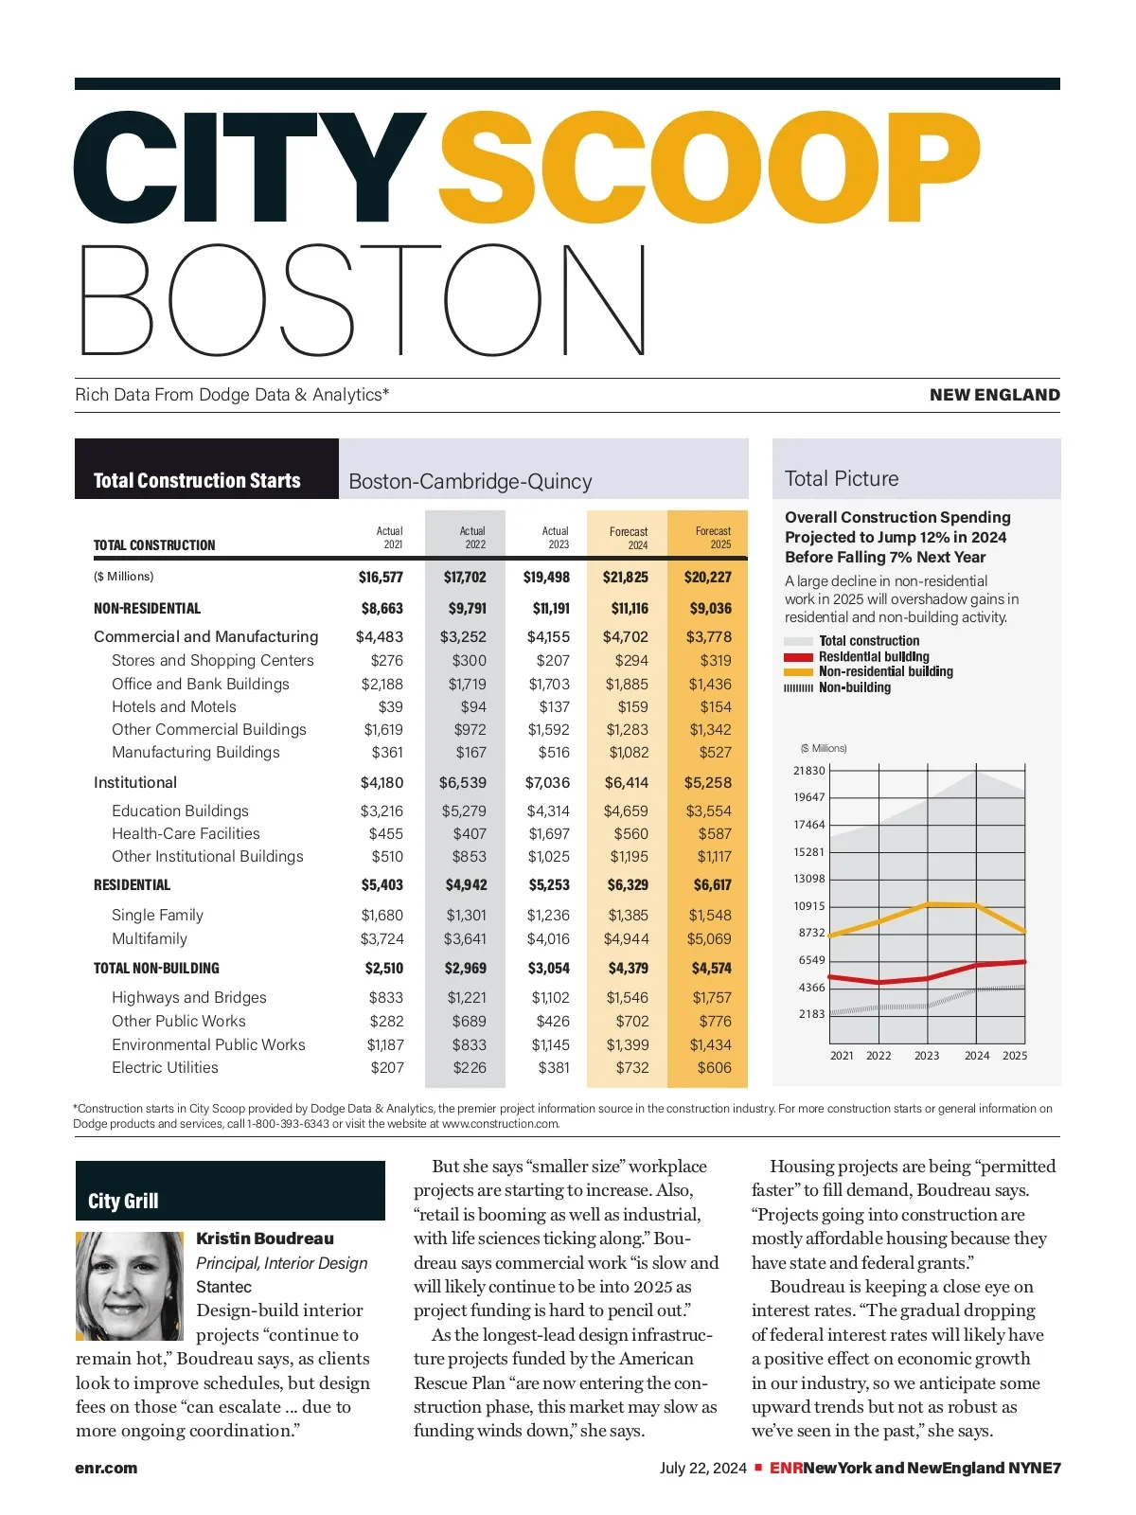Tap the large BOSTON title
pyautogui.click(x=364, y=300)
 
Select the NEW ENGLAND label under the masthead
pyautogui.click(x=994, y=395)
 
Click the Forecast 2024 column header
pyautogui.click(x=629, y=538)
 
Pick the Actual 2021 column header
pyautogui.click(x=389, y=538)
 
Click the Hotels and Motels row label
pyautogui.click(x=174, y=706)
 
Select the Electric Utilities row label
pyautogui.click(x=165, y=1067)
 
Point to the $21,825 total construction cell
pyautogui.click(x=626, y=577)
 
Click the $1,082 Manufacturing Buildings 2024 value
pyautogui.click(x=628, y=752)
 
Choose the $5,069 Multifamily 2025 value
pyautogui.click(x=709, y=938)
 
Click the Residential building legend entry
pyautogui.click(x=873, y=656)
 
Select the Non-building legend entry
pyautogui.click(x=854, y=687)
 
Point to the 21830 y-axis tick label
pyautogui.click(x=809, y=771)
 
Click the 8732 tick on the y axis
pyautogui.click(x=811, y=933)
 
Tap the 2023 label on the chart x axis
pyautogui.click(x=927, y=1056)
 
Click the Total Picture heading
pyautogui.click(x=842, y=478)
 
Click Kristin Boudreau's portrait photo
pyautogui.click(x=130, y=1285)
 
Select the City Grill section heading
pyautogui.click(x=123, y=1201)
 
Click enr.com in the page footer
pyautogui.click(x=106, y=1468)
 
